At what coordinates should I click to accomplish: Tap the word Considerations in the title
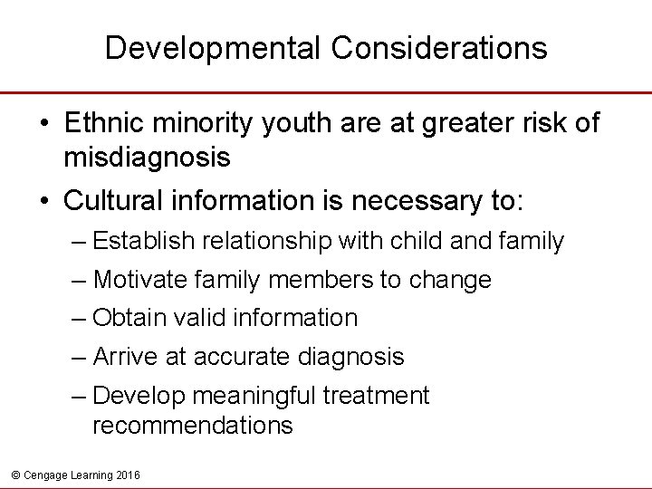coord(439,48)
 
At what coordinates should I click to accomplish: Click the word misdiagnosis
coord(147,158)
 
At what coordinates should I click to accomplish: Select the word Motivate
coord(140,280)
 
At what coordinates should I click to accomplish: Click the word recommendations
coord(192,426)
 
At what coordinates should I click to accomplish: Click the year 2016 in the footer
coord(128,475)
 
